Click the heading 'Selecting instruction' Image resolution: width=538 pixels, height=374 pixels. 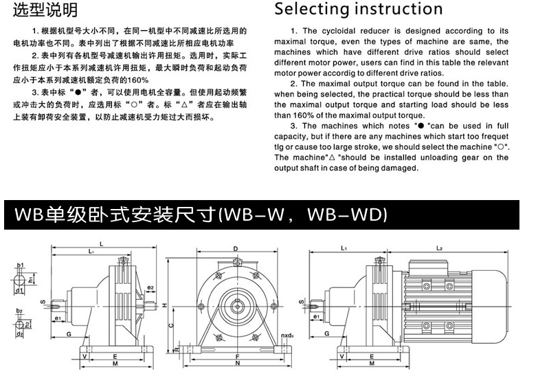[x=359, y=9]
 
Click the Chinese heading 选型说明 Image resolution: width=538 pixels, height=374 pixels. [x=47, y=10]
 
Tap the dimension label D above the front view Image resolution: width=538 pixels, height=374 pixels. [x=236, y=248]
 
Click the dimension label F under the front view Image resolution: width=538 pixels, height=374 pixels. [x=236, y=357]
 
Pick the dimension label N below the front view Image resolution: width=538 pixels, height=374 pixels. [x=236, y=369]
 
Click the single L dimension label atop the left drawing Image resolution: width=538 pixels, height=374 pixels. [x=102, y=244]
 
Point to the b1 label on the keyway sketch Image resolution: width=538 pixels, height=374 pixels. [x=21, y=265]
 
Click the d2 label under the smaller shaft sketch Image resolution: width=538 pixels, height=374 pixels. [x=21, y=335]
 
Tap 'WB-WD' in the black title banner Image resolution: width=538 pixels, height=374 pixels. [x=348, y=215]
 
